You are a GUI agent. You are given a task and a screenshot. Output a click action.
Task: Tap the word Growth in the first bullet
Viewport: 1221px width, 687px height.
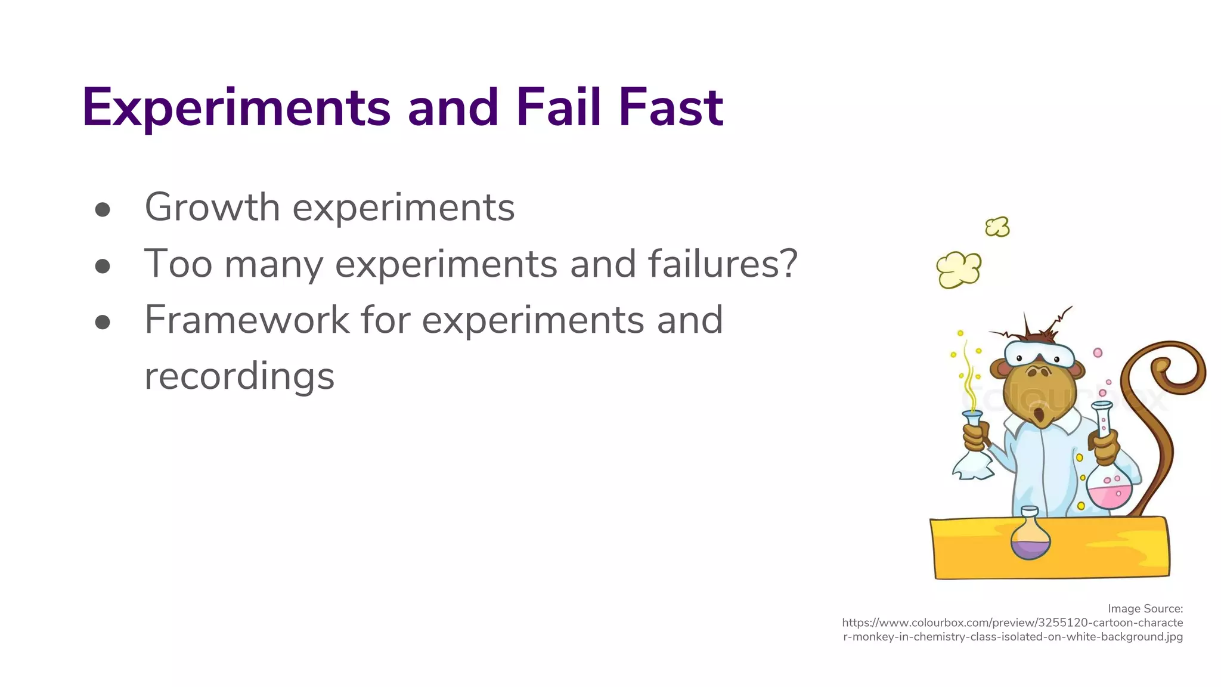[x=212, y=208]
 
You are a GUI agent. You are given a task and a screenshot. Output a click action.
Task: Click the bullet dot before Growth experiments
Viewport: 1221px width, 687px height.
[x=103, y=209]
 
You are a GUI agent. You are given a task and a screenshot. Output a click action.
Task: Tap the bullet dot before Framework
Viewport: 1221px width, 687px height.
[x=103, y=322]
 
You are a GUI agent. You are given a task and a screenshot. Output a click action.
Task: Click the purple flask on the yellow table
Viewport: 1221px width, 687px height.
[x=1030, y=537]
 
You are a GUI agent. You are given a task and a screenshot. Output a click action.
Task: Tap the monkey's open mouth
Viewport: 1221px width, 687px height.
[x=1040, y=414]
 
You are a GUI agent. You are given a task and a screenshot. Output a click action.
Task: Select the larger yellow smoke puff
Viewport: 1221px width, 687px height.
[x=959, y=270]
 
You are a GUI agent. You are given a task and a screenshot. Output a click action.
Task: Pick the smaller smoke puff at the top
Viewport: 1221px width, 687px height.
[x=997, y=227]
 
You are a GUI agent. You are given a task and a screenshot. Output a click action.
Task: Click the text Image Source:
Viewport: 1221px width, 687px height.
[x=1145, y=609]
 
